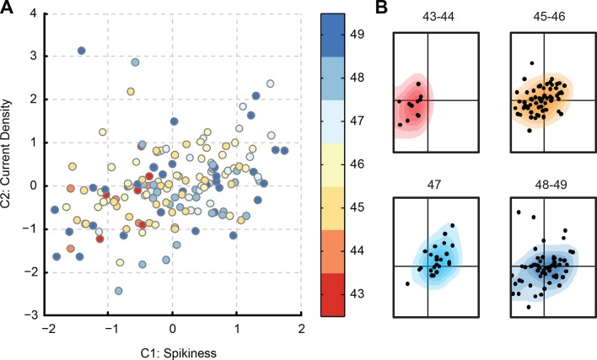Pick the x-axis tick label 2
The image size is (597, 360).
(301, 328)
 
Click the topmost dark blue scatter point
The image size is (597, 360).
(82, 51)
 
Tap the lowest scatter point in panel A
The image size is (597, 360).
(119, 291)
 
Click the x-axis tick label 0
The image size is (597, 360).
(173, 328)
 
